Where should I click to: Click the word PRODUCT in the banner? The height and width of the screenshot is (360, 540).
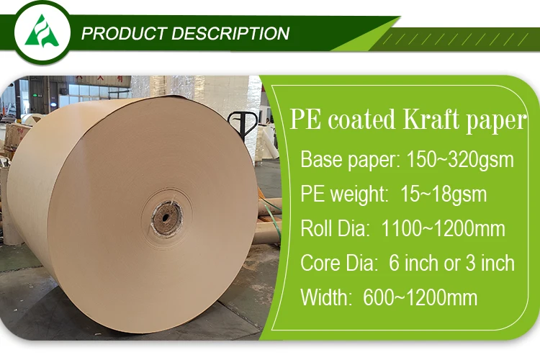(x=122, y=33)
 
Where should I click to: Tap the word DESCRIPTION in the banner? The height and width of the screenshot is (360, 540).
(x=230, y=33)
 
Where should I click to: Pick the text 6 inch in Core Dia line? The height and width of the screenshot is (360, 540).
(x=414, y=263)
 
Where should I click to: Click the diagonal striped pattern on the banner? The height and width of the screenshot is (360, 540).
(x=461, y=38)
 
